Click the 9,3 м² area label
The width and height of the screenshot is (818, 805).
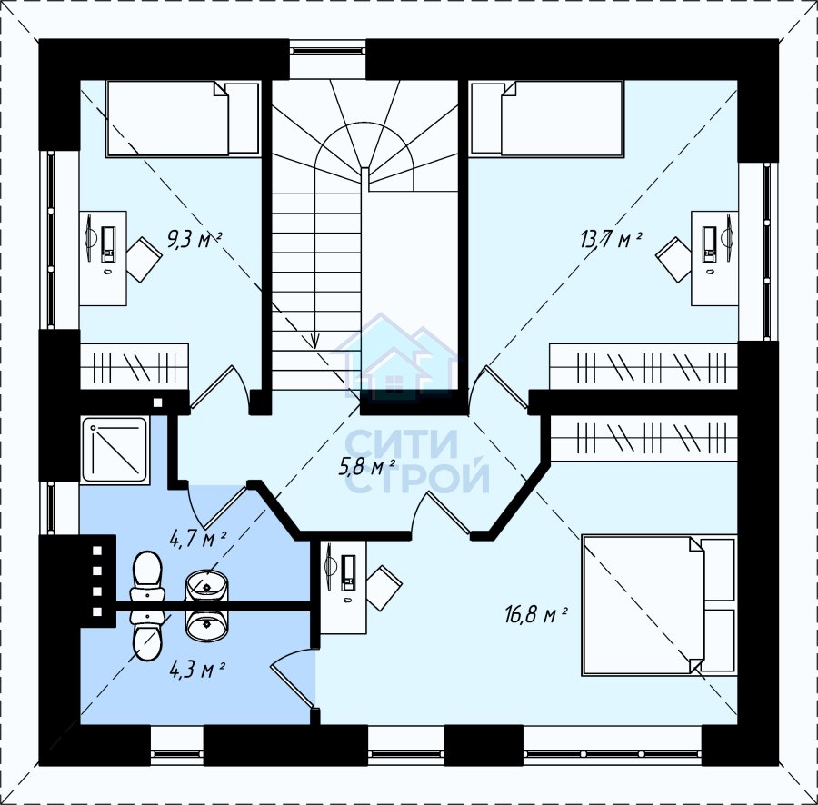195,241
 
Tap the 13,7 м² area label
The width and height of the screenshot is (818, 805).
611,241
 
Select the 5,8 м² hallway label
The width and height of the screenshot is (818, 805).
367,468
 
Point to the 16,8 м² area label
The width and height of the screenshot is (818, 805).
535,615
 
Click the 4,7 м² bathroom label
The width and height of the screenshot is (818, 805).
198,539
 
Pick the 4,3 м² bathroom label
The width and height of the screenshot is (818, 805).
197,669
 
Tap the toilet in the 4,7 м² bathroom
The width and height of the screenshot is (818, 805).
146,577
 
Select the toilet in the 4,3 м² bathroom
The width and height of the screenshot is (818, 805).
147,636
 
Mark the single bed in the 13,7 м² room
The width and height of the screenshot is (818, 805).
546,118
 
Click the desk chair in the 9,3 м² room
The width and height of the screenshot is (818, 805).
144,260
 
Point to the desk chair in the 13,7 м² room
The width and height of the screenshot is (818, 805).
673,260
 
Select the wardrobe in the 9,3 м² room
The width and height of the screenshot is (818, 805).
135,366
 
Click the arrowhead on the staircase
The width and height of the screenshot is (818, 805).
314,341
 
